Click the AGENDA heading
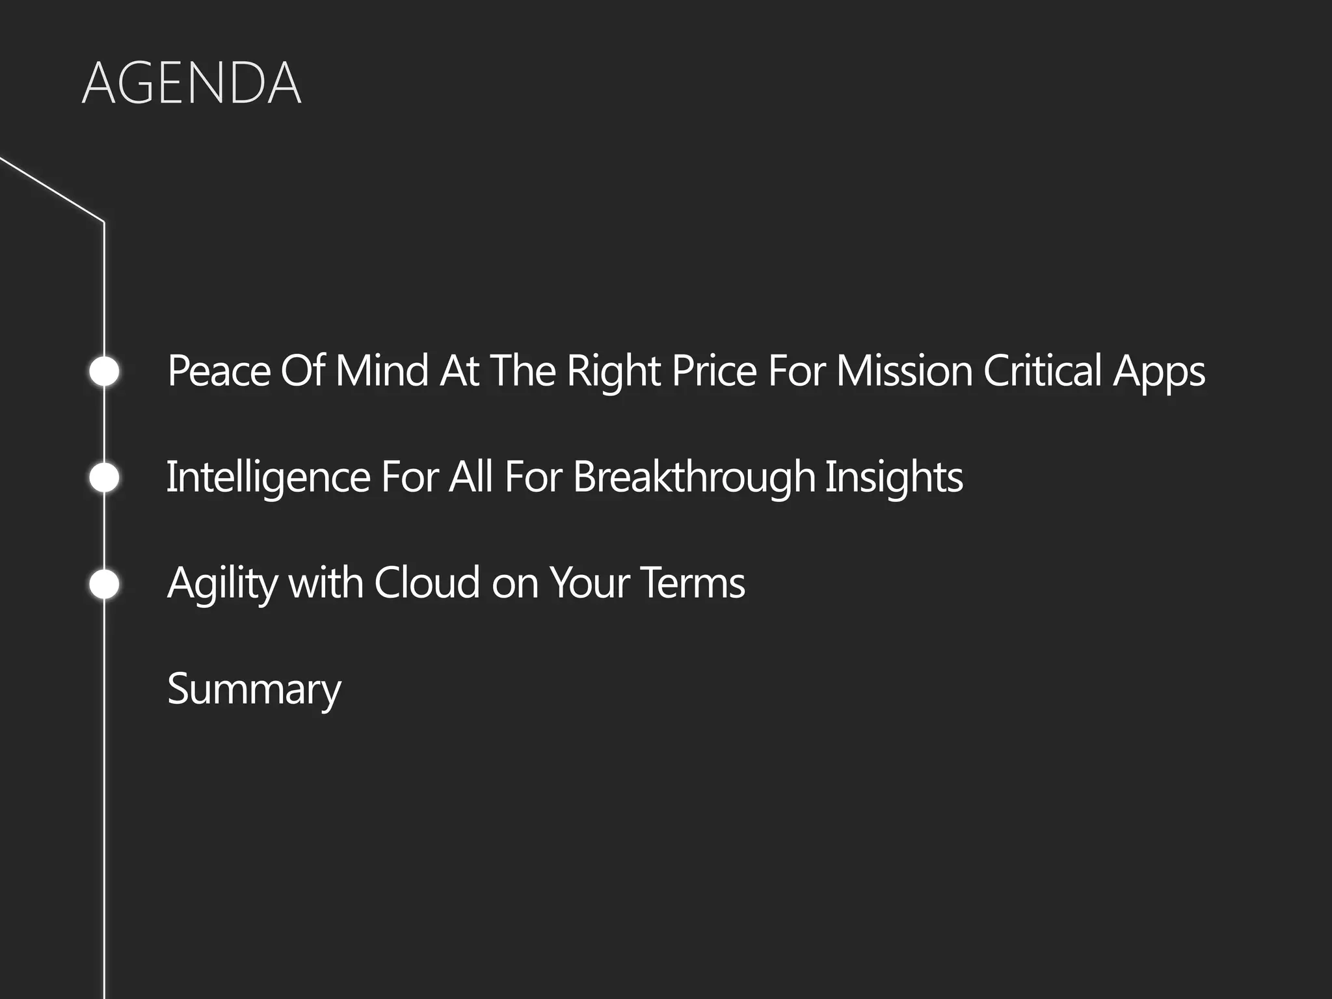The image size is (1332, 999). tap(191, 83)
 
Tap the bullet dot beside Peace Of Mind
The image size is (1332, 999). tap(104, 371)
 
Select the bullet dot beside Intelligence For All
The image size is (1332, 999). tap(104, 477)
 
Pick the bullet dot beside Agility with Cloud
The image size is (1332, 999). tap(104, 583)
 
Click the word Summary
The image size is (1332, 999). tap(254, 689)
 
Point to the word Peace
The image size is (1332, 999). tap(219, 371)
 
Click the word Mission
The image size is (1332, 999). tap(904, 371)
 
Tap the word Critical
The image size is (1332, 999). tap(1042, 371)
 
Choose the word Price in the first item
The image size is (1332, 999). tap(714, 371)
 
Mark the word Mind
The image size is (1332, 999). tap(382, 371)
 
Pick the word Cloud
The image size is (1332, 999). tap(427, 583)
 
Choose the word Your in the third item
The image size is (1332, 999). tap(589, 583)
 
